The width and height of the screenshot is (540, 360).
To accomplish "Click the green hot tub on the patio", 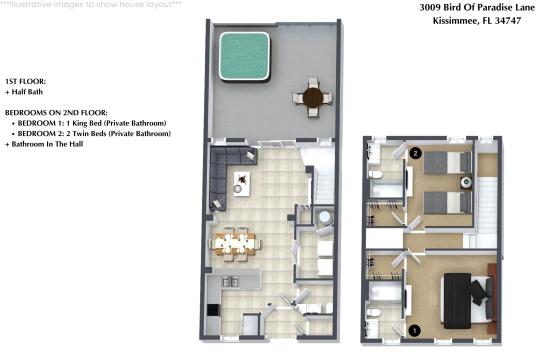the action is pyautogui.click(x=244, y=56).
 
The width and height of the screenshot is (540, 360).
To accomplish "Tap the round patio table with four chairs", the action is pyautogui.click(x=313, y=98).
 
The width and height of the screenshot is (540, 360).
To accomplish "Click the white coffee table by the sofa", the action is pyautogui.click(x=242, y=184).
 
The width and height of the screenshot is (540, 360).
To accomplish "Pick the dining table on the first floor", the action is pyautogui.click(x=236, y=243).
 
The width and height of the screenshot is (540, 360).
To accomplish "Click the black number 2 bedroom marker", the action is pyautogui.click(x=416, y=153).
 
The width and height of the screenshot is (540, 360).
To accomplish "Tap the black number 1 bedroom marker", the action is pyautogui.click(x=415, y=331).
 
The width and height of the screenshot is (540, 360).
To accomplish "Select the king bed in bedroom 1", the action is pyautogui.click(x=468, y=300).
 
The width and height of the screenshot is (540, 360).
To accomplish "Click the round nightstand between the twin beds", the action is pyautogui.click(x=467, y=182).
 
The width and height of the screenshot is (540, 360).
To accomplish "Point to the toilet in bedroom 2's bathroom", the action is pyautogui.click(x=375, y=174).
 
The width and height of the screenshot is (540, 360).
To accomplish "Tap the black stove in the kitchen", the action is pyautogui.click(x=213, y=310).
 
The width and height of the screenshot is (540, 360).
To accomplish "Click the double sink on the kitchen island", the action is pyautogui.click(x=231, y=282).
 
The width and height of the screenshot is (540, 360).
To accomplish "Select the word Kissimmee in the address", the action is pyautogui.click(x=455, y=21).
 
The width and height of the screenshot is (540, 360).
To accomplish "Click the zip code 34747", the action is pyautogui.click(x=508, y=21).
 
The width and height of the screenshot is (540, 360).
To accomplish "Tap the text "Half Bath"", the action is pyautogui.click(x=27, y=92).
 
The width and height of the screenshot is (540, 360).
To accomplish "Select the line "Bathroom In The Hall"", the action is pyautogui.click(x=44, y=144).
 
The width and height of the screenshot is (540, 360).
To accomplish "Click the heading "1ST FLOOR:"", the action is pyautogui.click(x=25, y=82).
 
